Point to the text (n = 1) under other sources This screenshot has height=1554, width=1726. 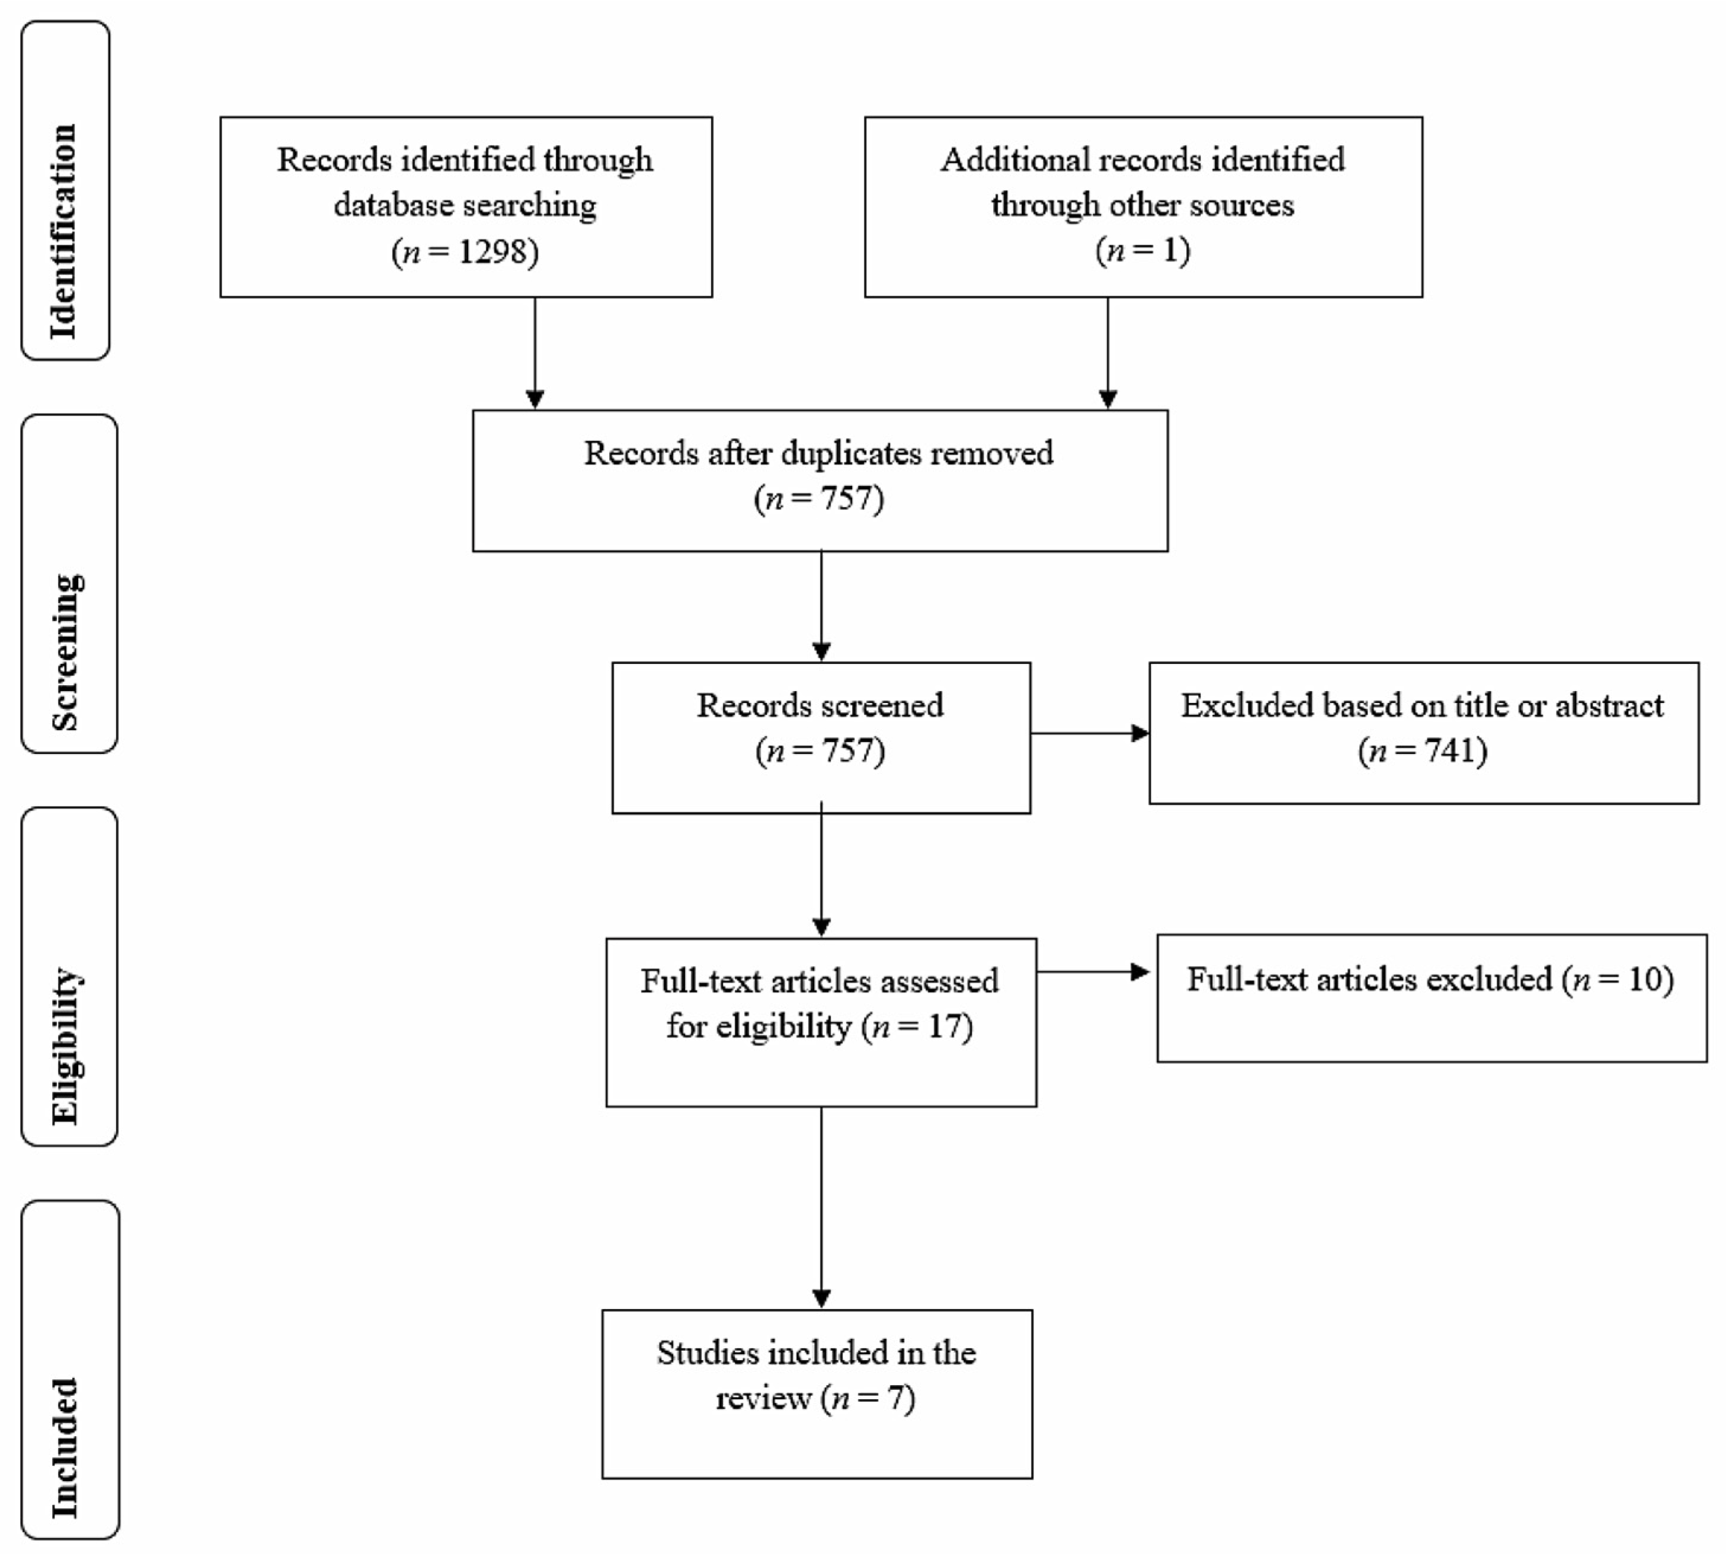1142,250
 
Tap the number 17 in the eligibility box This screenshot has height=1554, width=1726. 945,1025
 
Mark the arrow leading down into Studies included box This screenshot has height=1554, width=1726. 821,1213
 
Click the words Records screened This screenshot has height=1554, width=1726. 819,705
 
